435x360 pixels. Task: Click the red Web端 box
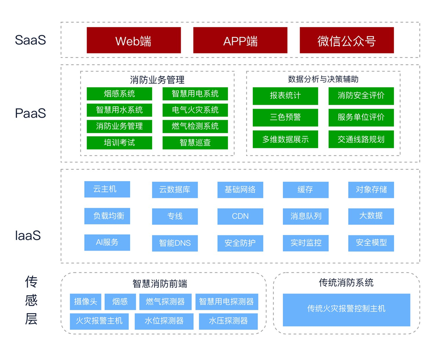coord(133,40)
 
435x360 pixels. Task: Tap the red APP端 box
coord(240,40)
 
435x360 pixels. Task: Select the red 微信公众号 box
coord(346,40)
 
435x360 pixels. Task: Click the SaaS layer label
coord(30,40)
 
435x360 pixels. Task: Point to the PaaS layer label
coord(30,113)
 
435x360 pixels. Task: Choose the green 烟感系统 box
coord(119,94)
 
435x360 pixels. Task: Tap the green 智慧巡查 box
coord(195,142)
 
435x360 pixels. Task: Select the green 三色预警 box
coord(285,117)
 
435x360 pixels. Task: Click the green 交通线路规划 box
coord(361,139)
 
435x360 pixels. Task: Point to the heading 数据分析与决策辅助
coord(323,79)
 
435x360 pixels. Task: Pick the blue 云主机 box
coord(107,189)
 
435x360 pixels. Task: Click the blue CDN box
coord(240,216)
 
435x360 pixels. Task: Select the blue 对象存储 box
coord(371,189)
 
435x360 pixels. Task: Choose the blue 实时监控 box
coord(306,243)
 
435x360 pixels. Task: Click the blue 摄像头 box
coord(86,302)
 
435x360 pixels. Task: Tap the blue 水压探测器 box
coord(228,321)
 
